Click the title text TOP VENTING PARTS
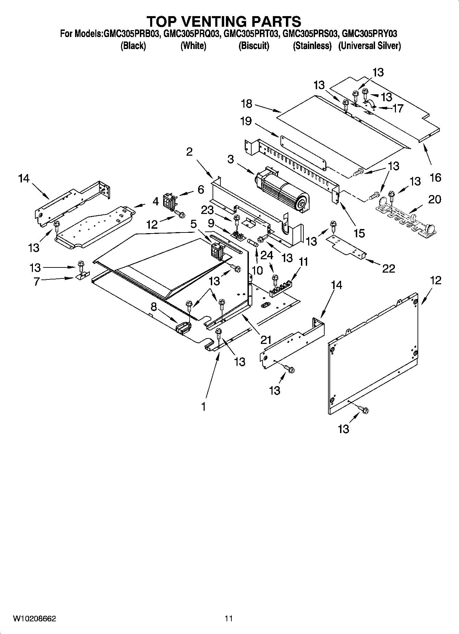click(224, 21)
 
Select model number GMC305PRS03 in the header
click(311, 34)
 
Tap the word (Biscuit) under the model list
click(254, 46)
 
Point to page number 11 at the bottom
click(229, 619)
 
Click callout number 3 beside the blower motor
click(230, 159)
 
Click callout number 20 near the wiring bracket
click(435, 199)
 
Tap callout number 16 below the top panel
click(435, 178)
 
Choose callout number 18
click(246, 103)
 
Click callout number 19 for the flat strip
click(246, 121)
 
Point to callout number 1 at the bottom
click(204, 407)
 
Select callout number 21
click(266, 340)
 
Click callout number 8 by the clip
click(154, 307)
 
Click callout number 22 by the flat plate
click(388, 268)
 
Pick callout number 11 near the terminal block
click(303, 262)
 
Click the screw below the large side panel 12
click(363, 409)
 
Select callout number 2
click(189, 152)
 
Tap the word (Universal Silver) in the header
click(369, 46)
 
